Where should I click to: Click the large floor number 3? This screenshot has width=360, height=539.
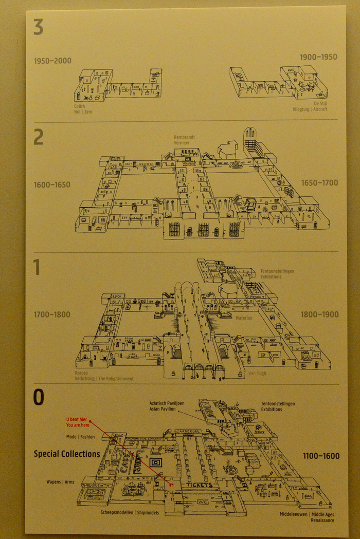(39, 27)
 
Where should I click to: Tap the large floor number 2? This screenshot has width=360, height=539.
(39, 137)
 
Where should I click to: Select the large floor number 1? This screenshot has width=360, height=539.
(37, 267)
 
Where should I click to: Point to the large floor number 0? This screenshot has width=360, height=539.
(39, 397)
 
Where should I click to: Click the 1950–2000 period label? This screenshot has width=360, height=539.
(52, 61)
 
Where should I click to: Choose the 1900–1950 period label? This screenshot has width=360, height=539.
(318, 57)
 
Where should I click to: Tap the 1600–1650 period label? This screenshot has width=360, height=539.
(52, 185)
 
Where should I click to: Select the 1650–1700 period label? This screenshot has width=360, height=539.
(319, 183)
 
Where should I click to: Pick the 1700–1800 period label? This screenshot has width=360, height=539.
(52, 314)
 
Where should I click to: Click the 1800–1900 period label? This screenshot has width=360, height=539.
(320, 314)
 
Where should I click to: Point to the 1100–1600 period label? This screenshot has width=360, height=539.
(321, 456)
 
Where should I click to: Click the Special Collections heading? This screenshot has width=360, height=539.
(67, 454)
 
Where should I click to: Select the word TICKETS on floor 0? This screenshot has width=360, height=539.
(200, 485)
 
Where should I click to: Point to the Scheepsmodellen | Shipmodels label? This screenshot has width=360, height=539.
(130, 512)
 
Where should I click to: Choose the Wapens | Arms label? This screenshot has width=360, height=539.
(60, 482)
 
